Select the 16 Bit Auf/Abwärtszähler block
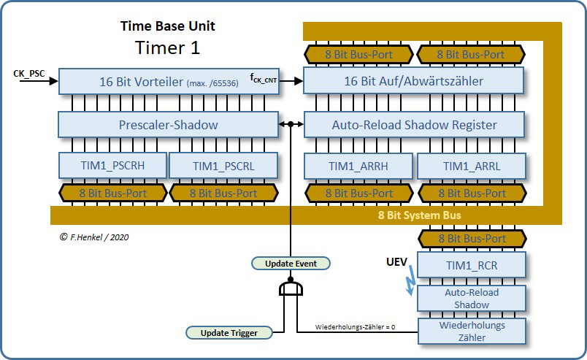(413, 81)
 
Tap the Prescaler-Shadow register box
(168, 124)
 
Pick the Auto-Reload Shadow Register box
(413, 124)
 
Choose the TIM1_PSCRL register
(223, 166)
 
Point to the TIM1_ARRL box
(471, 166)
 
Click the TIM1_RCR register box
(471, 265)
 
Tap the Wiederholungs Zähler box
(471, 331)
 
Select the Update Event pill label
(291, 263)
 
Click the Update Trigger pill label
(228, 332)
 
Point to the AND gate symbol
(291, 290)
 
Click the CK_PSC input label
(29, 73)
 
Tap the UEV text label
(396, 261)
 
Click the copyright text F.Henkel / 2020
(94, 237)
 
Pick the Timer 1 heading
(167, 48)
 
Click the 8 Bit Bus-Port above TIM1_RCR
(471, 238)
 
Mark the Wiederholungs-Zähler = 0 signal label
(356, 326)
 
